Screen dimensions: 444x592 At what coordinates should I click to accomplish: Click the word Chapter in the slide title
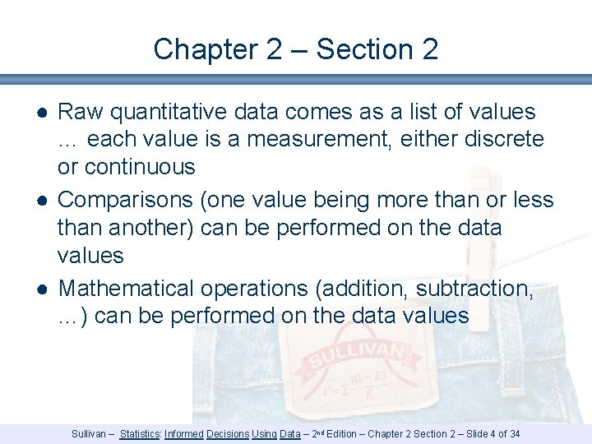click(205, 49)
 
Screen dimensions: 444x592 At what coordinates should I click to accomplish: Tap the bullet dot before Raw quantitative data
click(40, 113)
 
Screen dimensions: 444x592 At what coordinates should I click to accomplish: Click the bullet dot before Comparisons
click(40, 201)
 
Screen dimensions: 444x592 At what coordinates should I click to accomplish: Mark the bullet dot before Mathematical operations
click(40, 289)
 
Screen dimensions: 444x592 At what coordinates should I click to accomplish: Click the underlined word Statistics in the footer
click(140, 433)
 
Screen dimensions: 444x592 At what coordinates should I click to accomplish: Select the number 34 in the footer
click(514, 433)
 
